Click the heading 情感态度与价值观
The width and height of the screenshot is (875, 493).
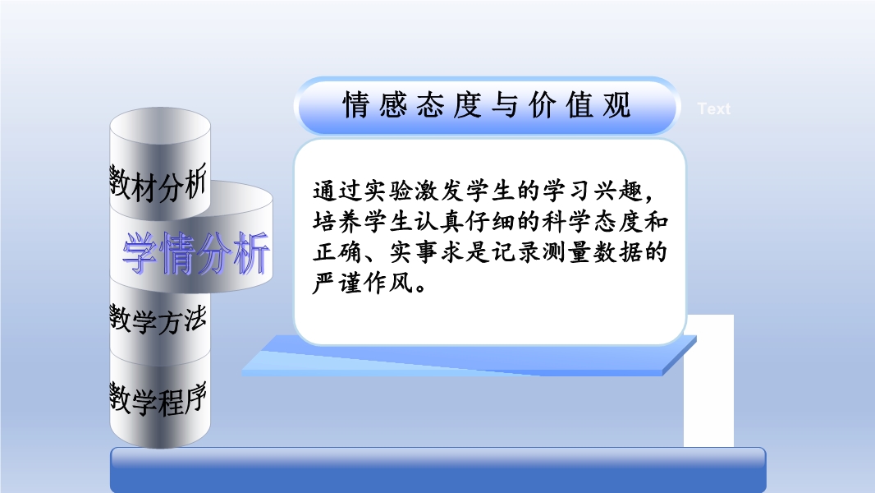487,105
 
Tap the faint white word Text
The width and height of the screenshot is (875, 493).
714,109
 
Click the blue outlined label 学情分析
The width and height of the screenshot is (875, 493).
196,253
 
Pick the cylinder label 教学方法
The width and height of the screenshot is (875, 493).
158,320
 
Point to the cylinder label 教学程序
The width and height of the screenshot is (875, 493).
158,399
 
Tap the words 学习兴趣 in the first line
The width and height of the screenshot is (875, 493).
592,191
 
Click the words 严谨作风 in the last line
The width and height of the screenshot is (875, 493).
364,283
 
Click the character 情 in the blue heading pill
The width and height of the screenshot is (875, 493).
356,105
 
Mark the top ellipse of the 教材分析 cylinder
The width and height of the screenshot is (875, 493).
160,126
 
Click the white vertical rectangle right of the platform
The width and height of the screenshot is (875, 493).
708,380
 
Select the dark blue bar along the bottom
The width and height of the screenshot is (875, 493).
438,470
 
